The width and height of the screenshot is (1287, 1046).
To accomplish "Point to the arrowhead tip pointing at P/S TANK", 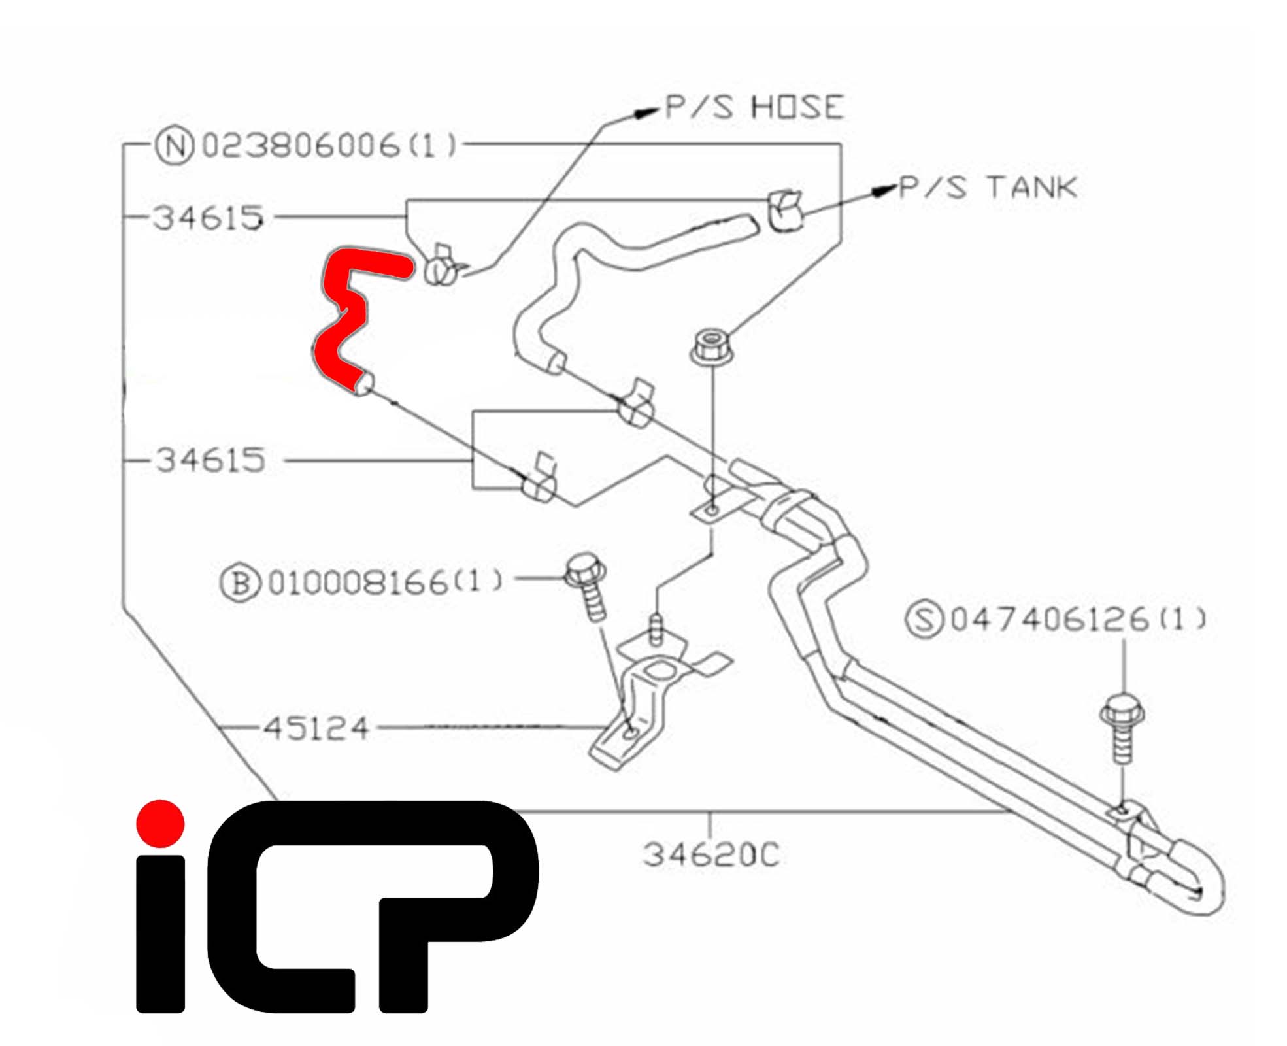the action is [897, 188].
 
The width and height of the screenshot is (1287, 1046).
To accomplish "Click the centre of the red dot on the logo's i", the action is [160, 823].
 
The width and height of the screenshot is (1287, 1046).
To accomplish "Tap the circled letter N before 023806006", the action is [175, 146].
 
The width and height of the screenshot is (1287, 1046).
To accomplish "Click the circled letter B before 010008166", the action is [240, 582].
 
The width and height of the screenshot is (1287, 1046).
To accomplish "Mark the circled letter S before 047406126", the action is [924, 619].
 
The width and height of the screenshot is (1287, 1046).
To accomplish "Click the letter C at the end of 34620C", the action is [769, 854].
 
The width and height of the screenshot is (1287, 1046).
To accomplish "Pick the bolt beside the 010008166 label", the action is [587, 586].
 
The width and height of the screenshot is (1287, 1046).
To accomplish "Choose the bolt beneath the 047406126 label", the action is [1122, 727].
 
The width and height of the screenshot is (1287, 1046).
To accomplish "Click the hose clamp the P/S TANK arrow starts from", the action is [784, 210].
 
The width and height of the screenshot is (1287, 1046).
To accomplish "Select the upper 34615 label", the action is [209, 218].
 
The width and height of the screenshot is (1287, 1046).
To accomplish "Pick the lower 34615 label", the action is [210, 460].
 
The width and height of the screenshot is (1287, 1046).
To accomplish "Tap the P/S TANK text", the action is [988, 188].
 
